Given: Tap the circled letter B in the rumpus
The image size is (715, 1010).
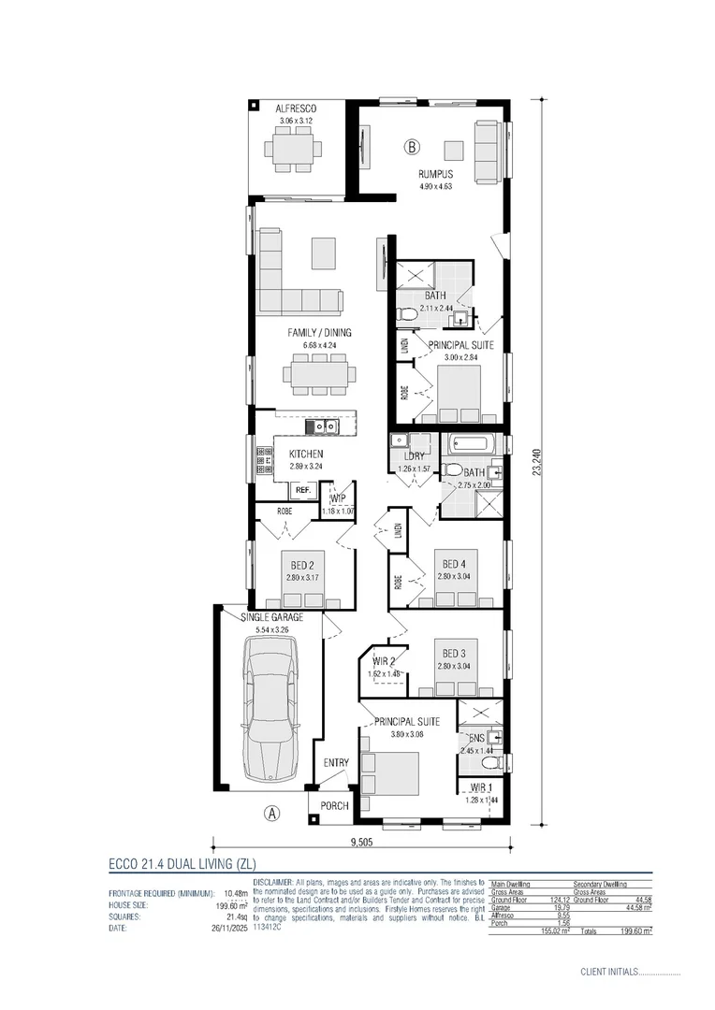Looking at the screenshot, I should (413, 146).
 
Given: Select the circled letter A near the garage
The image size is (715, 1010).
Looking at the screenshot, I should (272, 813).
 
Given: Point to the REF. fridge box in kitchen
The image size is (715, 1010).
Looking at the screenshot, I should (302, 490).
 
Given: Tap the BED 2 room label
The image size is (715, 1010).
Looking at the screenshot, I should (301, 565).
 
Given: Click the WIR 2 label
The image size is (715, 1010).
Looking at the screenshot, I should (383, 661).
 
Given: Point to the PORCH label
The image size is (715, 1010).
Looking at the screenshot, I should (334, 805).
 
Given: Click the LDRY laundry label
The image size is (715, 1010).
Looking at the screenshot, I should (412, 457).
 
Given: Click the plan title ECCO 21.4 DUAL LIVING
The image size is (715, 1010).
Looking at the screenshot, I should (182, 863).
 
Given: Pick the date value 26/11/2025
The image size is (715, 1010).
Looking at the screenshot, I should (226, 929).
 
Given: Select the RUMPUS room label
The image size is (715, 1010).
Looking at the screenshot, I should (436, 174).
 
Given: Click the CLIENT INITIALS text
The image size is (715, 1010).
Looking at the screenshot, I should (608, 973).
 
